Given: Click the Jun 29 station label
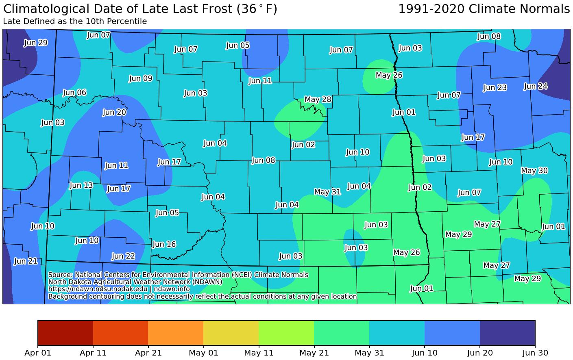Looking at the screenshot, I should pyautogui.click(x=36, y=43).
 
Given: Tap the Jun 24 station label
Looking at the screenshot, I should pyautogui.click(x=535, y=86).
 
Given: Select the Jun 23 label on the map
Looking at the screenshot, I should pyautogui.click(x=495, y=87).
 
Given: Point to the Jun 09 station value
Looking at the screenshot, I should pyautogui.click(x=141, y=78).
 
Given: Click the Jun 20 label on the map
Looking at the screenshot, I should pyautogui.click(x=114, y=112).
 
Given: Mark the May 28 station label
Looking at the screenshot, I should pyautogui.click(x=318, y=100).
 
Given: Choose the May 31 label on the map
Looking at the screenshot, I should pyautogui.click(x=327, y=192).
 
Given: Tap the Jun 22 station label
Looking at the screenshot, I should pyautogui.click(x=123, y=256).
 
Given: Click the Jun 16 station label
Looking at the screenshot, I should pyautogui.click(x=164, y=244).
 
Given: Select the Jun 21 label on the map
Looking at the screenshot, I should pyautogui.click(x=26, y=261).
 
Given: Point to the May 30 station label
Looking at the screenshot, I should pyautogui.click(x=534, y=171).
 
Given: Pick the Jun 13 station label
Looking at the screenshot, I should pyautogui.click(x=81, y=185).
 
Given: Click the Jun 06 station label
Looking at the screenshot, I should pyautogui.click(x=75, y=93).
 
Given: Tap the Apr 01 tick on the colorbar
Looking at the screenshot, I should pyautogui.click(x=38, y=353).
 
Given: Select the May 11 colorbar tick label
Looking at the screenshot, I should pyautogui.click(x=259, y=353).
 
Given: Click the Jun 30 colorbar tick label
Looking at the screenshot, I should pyautogui.click(x=535, y=353).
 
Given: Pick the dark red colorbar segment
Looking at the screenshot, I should pyautogui.click(x=65, y=333).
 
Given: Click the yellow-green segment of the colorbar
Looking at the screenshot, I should pyautogui.click(x=286, y=333).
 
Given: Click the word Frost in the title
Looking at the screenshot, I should pyautogui.click(x=214, y=9).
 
